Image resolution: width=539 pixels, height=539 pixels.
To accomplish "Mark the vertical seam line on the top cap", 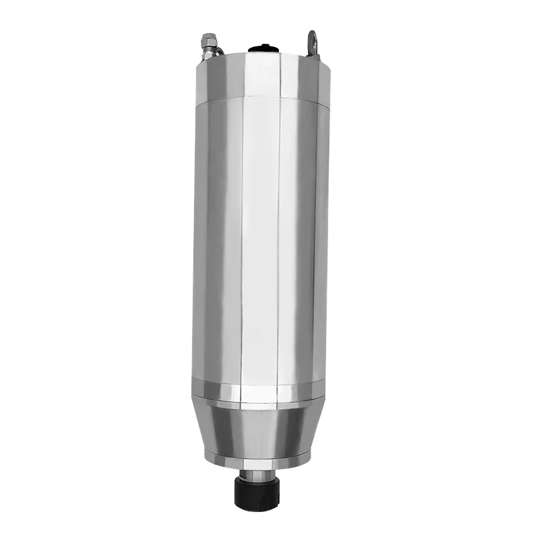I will pyautogui.click(x=279, y=77).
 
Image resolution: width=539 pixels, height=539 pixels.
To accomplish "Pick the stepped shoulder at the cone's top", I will pyautogui.click(x=259, y=404).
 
